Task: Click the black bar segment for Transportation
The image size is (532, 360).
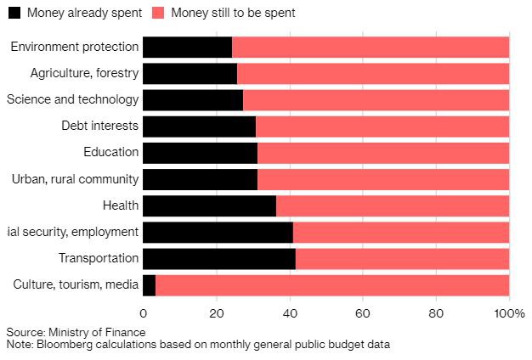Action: [x=218, y=259]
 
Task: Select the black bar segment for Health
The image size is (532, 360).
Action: [x=209, y=205]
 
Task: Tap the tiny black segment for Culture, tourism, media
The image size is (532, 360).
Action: [x=149, y=285]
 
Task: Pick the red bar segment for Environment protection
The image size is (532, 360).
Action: [x=370, y=47]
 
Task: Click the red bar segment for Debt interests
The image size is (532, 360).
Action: [x=382, y=127]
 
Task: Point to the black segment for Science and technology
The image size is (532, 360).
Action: [x=192, y=99]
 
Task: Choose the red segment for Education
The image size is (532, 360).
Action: [x=382, y=153]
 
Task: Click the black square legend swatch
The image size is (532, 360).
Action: [x=14, y=14]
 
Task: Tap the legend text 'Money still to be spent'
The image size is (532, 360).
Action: [x=233, y=14]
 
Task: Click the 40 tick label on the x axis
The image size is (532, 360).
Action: [x=290, y=311]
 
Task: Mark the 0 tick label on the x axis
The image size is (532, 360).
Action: [x=143, y=311]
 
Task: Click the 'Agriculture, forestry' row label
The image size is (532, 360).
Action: [x=84, y=73]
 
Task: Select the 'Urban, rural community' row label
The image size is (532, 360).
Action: [x=75, y=179]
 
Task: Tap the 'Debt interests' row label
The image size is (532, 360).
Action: [x=99, y=127]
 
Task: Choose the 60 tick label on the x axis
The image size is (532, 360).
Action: [x=363, y=311]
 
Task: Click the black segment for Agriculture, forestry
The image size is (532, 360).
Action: [x=190, y=73]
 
